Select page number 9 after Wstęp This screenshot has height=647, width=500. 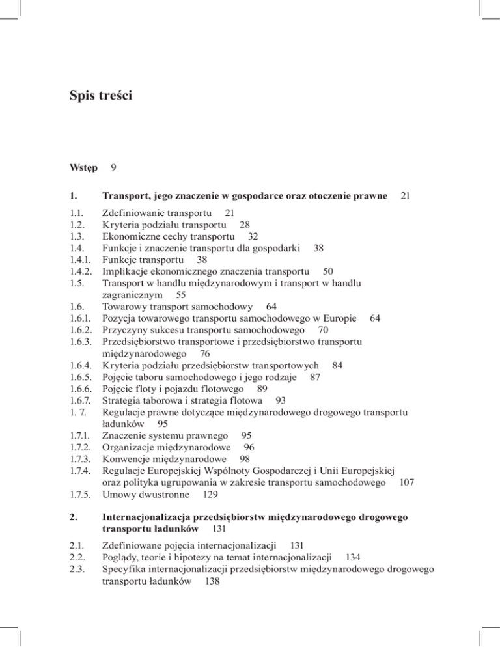[x=114, y=167]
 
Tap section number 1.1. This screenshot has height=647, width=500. [x=77, y=213]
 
